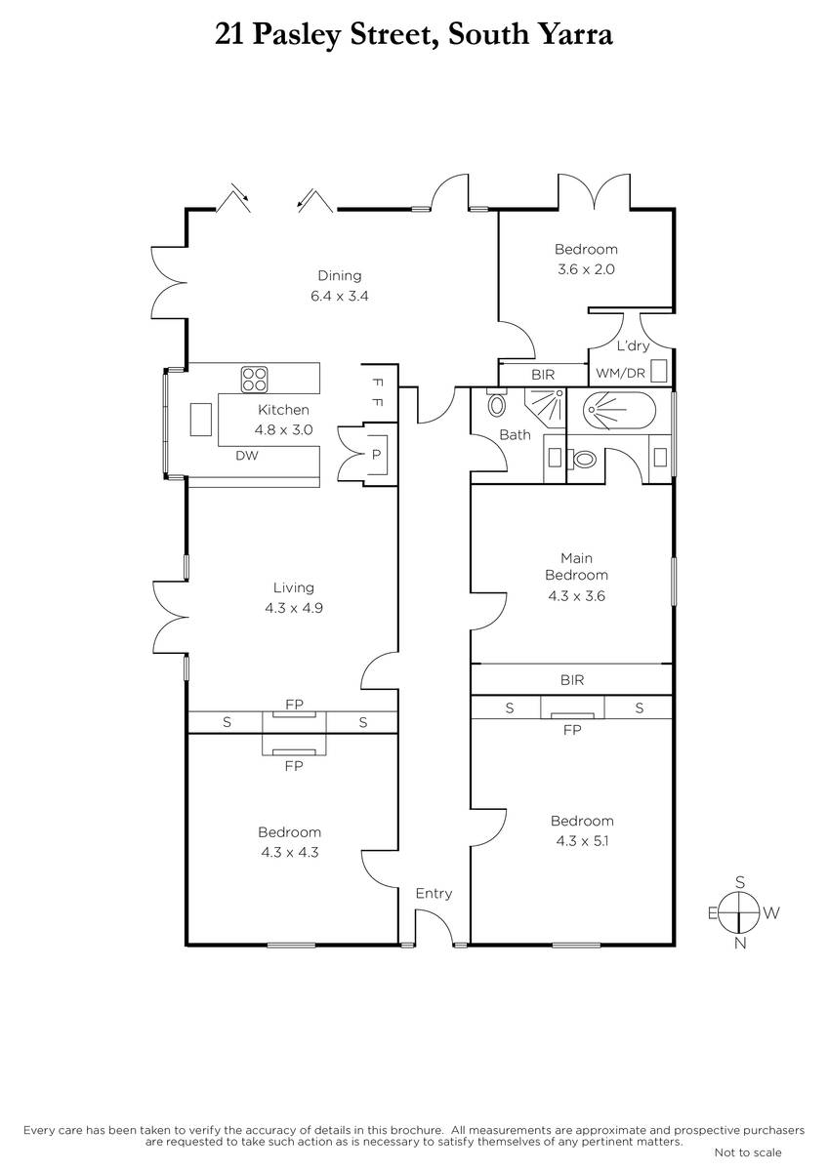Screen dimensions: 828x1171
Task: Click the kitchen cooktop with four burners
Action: tap(255, 379)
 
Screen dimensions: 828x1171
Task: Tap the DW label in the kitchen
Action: tap(247, 456)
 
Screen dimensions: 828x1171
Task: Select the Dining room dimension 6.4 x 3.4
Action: tap(340, 296)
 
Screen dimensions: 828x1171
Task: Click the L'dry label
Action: tap(633, 345)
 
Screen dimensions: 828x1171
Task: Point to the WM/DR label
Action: tap(620, 373)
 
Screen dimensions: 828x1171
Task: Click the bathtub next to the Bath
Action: tap(619, 411)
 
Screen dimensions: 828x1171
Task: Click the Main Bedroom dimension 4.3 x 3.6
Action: tap(576, 596)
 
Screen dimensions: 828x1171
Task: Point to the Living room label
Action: tap(294, 587)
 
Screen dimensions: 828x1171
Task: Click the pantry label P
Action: tap(376, 455)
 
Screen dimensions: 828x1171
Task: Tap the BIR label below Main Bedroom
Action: tap(572, 679)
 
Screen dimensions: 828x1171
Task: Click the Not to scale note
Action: tap(748, 1152)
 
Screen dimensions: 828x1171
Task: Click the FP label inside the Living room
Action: tap(294, 705)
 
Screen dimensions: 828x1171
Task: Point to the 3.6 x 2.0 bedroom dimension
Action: tap(586, 269)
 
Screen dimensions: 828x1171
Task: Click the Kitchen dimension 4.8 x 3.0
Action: tap(283, 429)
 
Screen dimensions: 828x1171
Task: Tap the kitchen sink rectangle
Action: tap(201, 420)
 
